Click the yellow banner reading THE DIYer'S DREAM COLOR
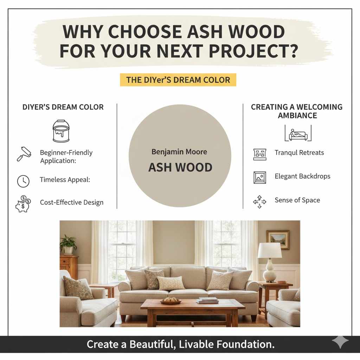click(178, 80)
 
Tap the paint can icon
click(61, 131)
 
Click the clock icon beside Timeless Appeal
click(23, 181)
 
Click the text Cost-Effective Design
click(72, 202)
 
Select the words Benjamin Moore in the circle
click(179, 152)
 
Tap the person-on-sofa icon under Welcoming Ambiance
click(297, 133)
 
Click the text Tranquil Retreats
click(299, 153)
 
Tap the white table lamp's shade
click(270, 250)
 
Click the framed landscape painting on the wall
click(278, 240)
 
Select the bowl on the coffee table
click(171, 301)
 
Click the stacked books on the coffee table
click(207, 300)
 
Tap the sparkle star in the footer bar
click(340, 342)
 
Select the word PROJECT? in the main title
click(253, 51)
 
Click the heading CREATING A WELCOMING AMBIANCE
click(297, 111)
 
